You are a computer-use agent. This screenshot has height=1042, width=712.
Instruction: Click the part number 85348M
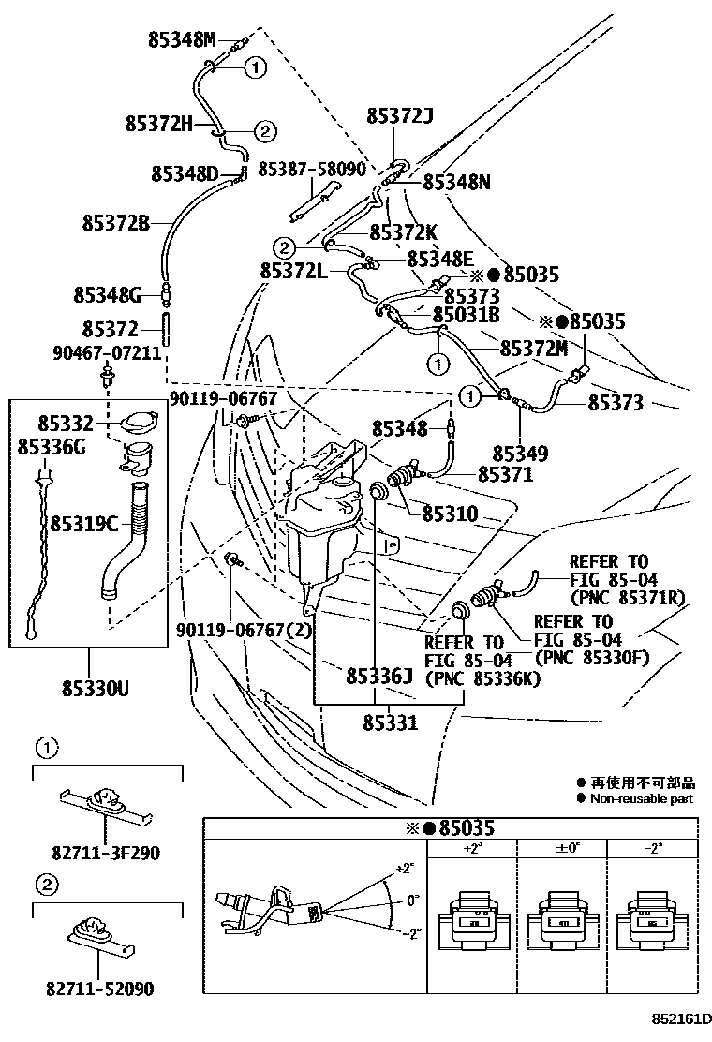click(x=182, y=39)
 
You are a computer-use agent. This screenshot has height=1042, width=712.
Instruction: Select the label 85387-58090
click(x=312, y=169)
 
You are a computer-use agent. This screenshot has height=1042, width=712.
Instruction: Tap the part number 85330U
click(x=89, y=689)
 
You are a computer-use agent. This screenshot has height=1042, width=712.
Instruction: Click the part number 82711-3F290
click(x=106, y=853)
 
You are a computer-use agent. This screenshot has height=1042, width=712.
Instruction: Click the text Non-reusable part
click(x=642, y=798)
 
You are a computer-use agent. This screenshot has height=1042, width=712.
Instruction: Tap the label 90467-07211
click(x=107, y=353)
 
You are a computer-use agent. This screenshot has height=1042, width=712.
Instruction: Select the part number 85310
click(x=450, y=514)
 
